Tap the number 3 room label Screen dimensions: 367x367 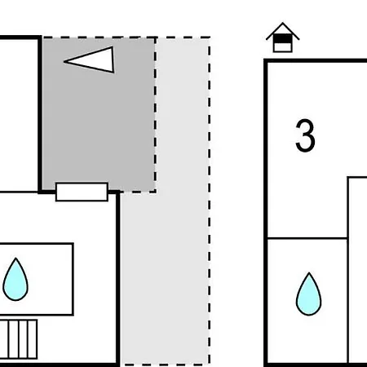(x=305, y=135)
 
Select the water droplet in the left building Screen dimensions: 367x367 (x=15, y=280)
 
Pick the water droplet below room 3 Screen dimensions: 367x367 (x=308, y=294)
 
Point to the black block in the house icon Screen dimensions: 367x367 (x=283, y=38)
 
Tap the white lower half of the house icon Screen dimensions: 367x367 (x=283, y=47)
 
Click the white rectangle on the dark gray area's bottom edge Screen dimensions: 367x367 (x=82, y=192)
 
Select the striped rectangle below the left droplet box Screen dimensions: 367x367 (x=19, y=339)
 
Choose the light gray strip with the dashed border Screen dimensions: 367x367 (x=182, y=201)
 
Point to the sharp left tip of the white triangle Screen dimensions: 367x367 (x=64, y=62)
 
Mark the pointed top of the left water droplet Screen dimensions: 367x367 (x=15, y=258)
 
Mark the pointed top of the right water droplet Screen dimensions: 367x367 (x=309, y=272)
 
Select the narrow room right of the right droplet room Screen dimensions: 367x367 (x=358, y=271)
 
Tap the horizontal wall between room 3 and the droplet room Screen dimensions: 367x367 (x=307, y=238)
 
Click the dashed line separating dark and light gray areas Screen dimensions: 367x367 (x=155, y=115)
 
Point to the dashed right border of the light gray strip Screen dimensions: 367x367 (x=210, y=201)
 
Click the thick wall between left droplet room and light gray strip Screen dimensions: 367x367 (x=118, y=277)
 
